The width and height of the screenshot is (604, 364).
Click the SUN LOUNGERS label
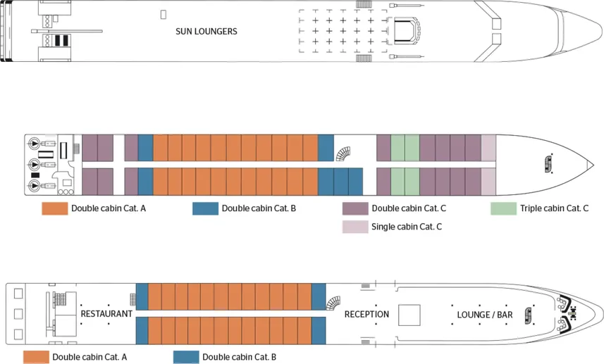(x=206, y=32)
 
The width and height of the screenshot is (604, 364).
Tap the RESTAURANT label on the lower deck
(x=106, y=314)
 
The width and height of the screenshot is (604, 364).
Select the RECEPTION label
(x=366, y=314)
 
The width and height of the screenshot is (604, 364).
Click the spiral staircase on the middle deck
(x=344, y=153)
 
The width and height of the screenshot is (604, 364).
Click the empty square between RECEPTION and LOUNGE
(x=409, y=314)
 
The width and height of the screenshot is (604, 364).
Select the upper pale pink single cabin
(x=488, y=148)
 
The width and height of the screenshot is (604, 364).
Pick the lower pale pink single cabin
(x=488, y=182)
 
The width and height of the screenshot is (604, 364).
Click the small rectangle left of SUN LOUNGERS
(x=164, y=13)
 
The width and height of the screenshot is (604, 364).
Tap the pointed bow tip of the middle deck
(x=589, y=165)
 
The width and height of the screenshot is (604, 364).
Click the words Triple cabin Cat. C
(x=554, y=208)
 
